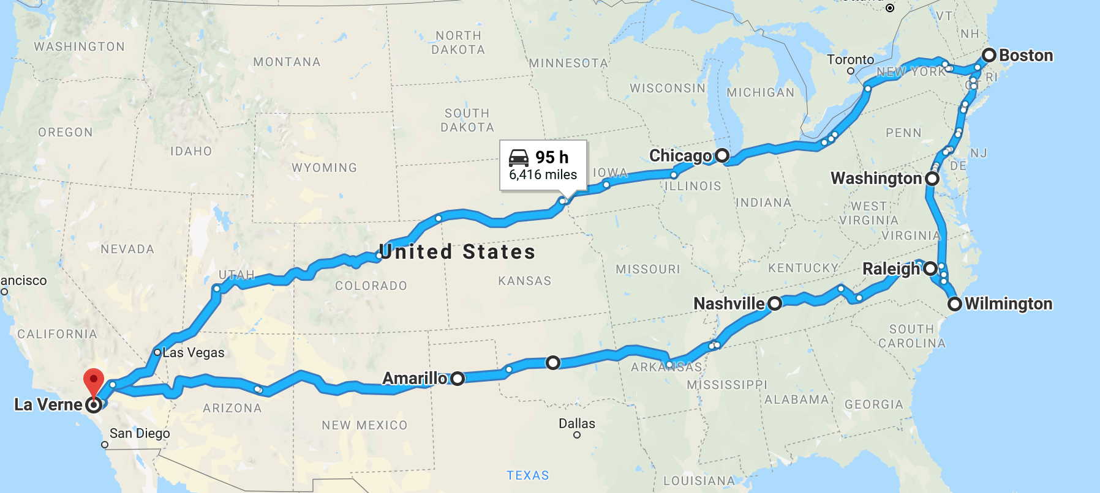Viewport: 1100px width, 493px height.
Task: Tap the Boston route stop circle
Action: click(989, 55)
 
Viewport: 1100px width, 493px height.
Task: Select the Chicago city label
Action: click(680, 156)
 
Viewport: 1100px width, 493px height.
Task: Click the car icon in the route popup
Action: click(519, 158)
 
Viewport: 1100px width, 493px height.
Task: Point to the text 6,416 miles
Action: click(543, 175)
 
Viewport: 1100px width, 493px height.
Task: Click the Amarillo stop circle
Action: click(458, 379)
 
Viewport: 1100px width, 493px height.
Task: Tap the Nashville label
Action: click(729, 303)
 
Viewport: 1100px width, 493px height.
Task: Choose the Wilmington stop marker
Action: click(954, 303)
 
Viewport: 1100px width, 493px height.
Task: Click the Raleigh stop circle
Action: click(930, 268)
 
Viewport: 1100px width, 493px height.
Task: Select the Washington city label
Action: click(876, 179)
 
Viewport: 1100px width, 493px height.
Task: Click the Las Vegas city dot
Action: click(157, 352)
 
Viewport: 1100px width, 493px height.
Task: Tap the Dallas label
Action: click(576, 423)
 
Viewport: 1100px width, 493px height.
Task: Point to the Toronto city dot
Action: click(851, 71)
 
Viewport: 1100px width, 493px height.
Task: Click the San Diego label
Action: click(140, 433)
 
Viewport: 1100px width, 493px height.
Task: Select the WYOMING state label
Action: click(324, 168)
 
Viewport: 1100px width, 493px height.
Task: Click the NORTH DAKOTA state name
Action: click(458, 43)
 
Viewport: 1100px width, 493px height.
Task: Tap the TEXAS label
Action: click(527, 475)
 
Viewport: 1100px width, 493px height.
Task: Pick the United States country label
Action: click(457, 251)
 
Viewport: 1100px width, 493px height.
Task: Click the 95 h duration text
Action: click(552, 157)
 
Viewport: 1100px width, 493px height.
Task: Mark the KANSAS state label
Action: click(524, 281)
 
